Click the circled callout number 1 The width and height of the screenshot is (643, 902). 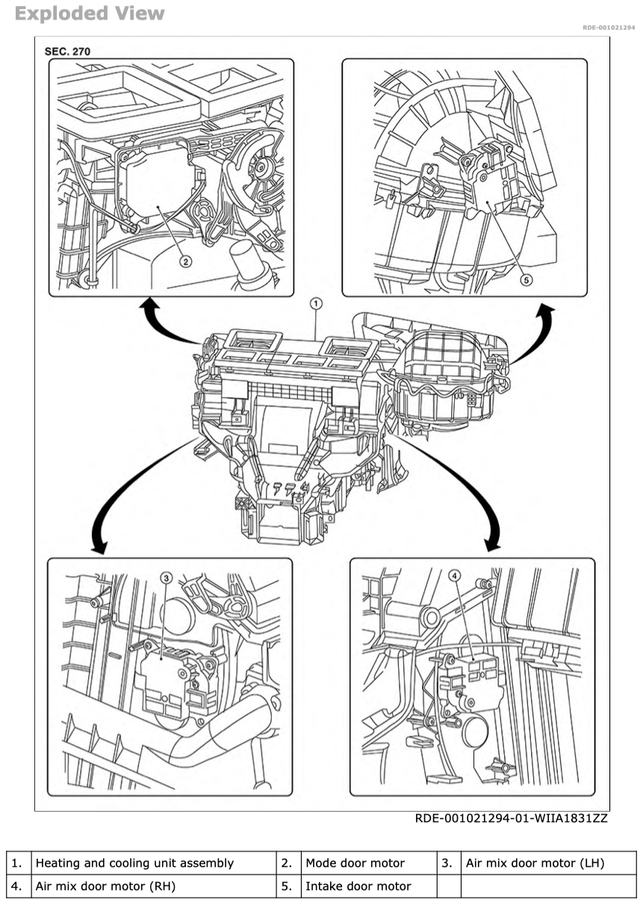tap(316, 304)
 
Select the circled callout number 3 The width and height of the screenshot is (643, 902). tap(167, 576)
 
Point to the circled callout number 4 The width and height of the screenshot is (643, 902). tap(456, 576)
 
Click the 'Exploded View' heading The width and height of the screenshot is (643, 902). tap(89, 13)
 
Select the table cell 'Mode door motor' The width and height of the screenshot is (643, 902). tap(355, 863)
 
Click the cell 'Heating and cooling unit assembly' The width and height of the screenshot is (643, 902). tap(134, 863)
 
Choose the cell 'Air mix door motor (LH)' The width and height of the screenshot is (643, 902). tap(535, 863)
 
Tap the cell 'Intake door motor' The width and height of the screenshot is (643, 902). tap(358, 886)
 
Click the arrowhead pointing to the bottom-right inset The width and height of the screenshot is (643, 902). tap(492, 544)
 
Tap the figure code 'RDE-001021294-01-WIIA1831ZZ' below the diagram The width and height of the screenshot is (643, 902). tap(511, 818)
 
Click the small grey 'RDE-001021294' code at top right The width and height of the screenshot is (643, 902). tap(609, 28)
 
